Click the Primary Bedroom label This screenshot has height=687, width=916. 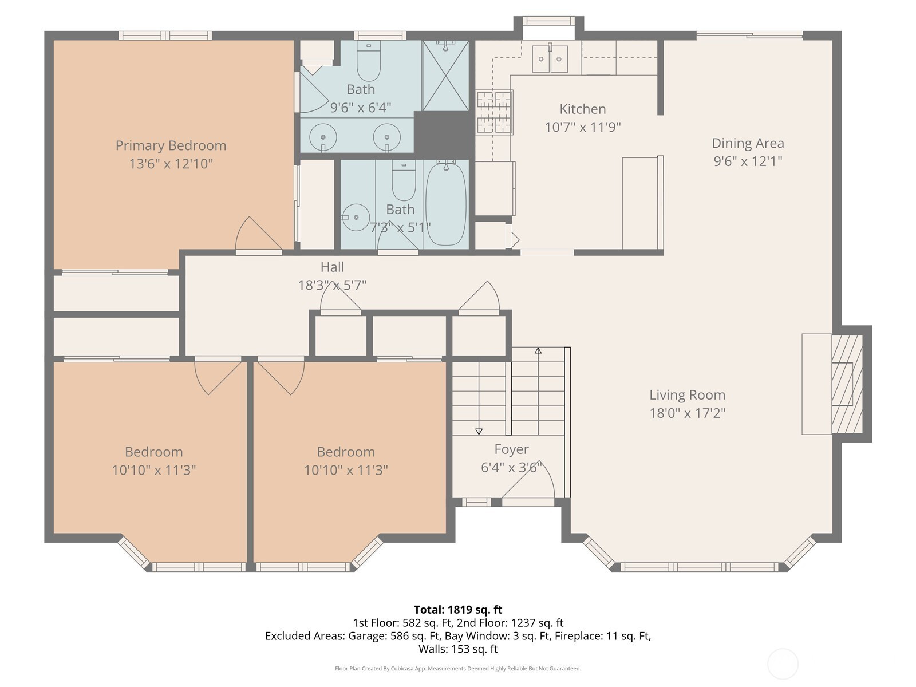[171, 145]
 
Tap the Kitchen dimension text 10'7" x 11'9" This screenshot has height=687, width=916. [583, 127]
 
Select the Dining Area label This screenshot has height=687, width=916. [748, 143]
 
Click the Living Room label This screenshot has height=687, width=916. [688, 394]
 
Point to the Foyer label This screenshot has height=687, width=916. [511, 449]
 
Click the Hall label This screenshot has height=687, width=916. [332, 267]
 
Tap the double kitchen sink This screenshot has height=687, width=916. [550, 59]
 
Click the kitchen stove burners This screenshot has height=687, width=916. [495, 113]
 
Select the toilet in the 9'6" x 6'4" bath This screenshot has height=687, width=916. [369, 61]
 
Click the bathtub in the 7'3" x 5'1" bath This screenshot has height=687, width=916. [445, 204]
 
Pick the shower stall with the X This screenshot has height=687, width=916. [445, 76]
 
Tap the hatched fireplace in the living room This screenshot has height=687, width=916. [847, 384]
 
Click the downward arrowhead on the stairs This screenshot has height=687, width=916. [479, 432]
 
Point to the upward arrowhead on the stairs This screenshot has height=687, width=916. [538, 350]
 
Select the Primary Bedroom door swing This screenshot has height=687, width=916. [258, 233]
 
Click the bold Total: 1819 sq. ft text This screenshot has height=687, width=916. [458, 610]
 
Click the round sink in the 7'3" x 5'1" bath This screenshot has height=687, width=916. [356, 218]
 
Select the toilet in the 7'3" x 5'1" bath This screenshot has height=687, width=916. [404, 180]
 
